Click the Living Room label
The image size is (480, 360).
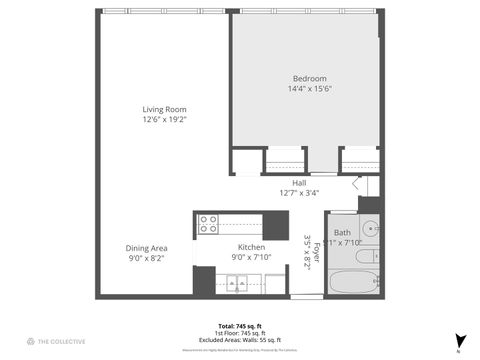[x=164, y=109]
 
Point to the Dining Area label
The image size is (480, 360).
[x=146, y=247]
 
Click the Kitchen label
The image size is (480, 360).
[x=250, y=247]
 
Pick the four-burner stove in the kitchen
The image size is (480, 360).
[x=208, y=224]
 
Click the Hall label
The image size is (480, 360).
[x=299, y=183]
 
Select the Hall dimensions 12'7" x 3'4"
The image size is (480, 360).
[x=299, y=193]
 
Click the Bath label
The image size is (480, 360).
[x=343, y=232]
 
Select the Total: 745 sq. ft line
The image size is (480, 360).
[x=240, y=327]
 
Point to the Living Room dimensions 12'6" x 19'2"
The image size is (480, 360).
[x=164, y=119]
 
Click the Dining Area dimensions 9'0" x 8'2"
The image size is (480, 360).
[x=146, y=258]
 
